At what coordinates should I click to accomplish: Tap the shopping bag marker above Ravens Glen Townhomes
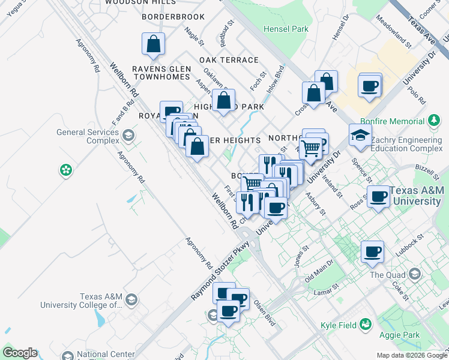coord(153,44)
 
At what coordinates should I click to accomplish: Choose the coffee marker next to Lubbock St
coord(372,252)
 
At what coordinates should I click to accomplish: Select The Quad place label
coord(384,275)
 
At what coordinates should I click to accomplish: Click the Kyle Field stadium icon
coord(365,325)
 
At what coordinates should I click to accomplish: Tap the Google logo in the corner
coord(20,353)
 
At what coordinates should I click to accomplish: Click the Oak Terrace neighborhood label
coord(229,60)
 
